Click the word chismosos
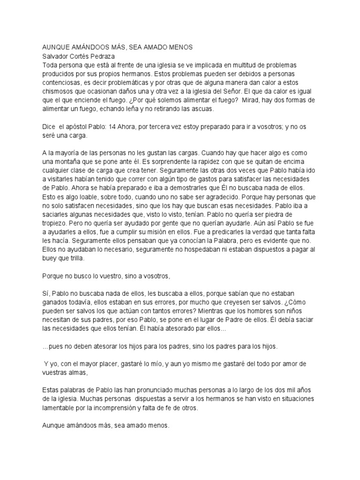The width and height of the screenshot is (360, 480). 59,91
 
